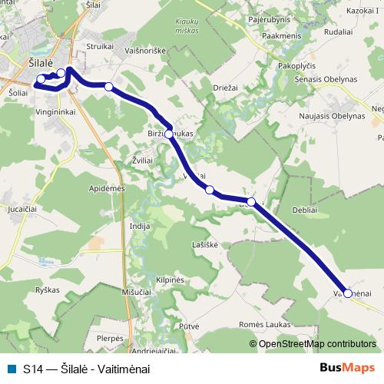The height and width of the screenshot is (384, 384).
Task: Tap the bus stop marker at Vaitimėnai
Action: click(348, 293)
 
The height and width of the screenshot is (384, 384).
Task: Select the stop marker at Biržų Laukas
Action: click(169, 134)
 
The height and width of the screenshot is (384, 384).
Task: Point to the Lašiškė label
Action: click(205, 244)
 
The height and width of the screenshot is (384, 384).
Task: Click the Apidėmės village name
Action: click(107, 188)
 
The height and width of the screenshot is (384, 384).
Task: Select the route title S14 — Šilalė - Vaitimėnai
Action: click(87, 369)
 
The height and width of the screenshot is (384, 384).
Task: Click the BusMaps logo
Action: click(347, 368)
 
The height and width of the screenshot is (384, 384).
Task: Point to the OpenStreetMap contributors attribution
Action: click(313, 344)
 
